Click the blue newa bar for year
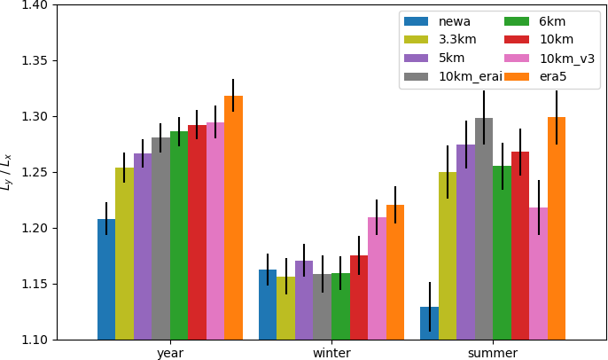(106, 279)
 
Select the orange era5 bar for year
(233, 218)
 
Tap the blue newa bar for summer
(429, 324)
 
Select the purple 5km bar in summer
(465, 242)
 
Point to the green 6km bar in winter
(340, 307)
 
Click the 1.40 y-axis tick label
(36, 5)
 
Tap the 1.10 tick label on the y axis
(36, 340)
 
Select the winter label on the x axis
(331, 353)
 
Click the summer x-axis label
(493, 353)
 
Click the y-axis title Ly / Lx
(8, 172)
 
